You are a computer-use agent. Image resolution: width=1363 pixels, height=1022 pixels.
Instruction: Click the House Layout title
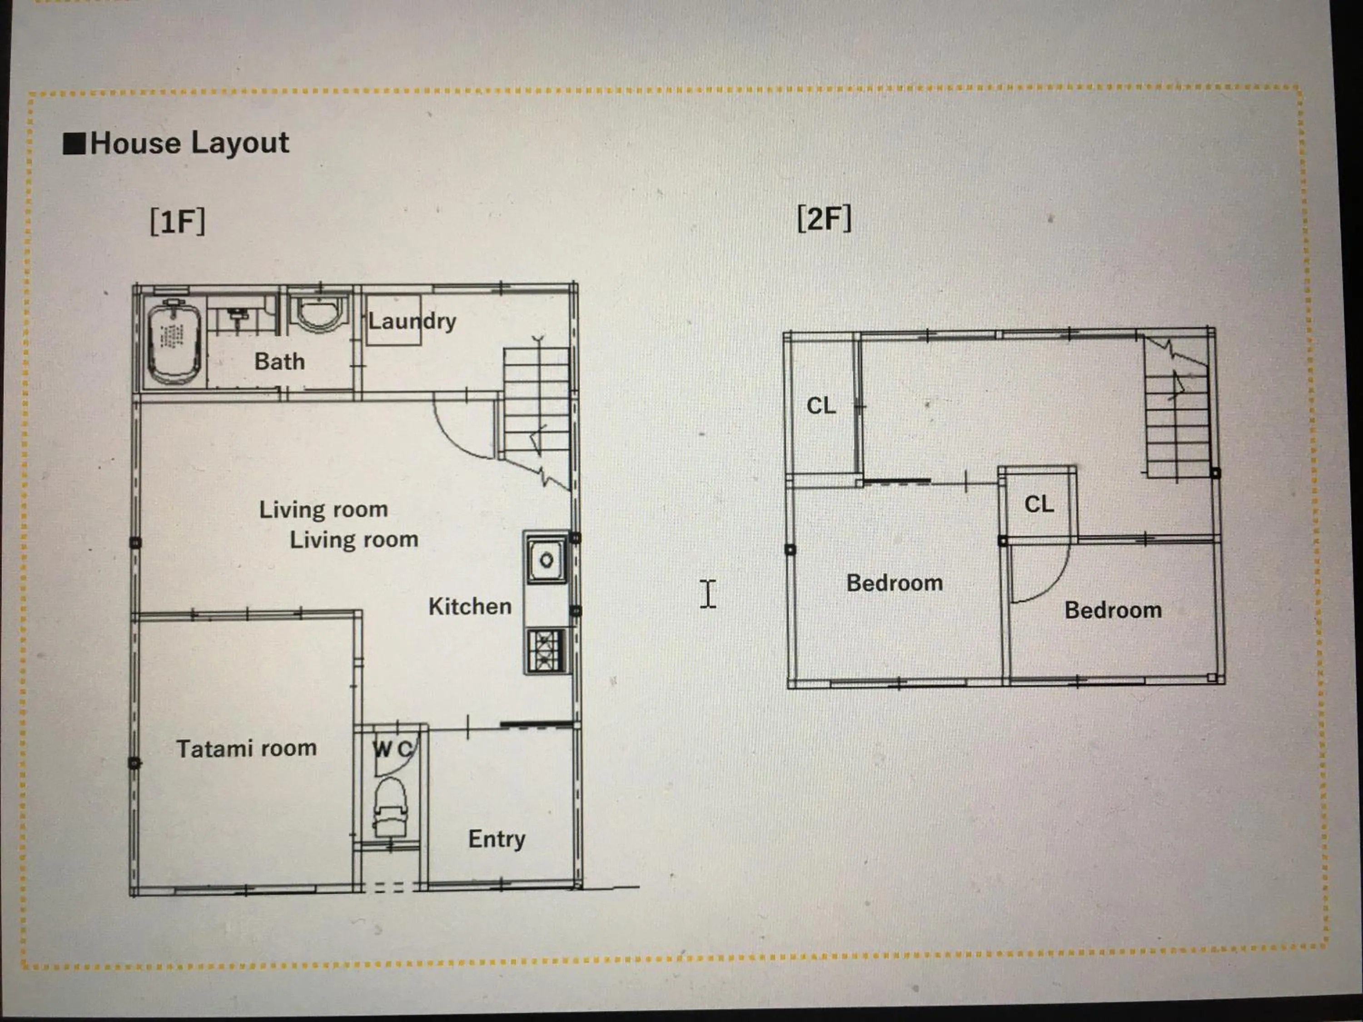(x=189, y=144)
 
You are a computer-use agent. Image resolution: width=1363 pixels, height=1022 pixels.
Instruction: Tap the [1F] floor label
(x=178, y=221)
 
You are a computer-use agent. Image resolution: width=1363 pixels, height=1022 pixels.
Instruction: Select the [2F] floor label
(x=824, y=218)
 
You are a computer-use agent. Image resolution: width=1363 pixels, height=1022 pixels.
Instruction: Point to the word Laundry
(x=412, y=321)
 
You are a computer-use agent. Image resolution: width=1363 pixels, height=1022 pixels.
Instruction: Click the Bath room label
(x=280, y=361)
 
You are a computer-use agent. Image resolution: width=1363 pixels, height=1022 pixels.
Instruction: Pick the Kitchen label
(x=470, y=606)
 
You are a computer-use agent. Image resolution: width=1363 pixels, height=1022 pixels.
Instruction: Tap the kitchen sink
(x=546, y=559)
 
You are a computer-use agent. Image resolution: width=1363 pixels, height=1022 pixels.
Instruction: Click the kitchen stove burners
(x=545, y=650)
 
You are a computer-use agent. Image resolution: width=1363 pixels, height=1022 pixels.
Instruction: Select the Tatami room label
(x=246, y=749)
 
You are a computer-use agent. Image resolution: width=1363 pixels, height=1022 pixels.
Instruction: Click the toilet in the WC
(x=391, y=806)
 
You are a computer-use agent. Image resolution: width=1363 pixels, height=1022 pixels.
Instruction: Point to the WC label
(x=393, y=749)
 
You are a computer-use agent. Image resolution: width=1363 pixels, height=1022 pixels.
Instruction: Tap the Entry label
(x=497, y=839)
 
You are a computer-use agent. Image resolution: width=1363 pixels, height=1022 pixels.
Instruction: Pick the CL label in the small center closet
(x=1039, y=504)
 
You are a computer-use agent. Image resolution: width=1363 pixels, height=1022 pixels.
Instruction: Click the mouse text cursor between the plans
(x=708, y=594)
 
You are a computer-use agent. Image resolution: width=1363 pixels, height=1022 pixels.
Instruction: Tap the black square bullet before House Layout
(x=75, y=144)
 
